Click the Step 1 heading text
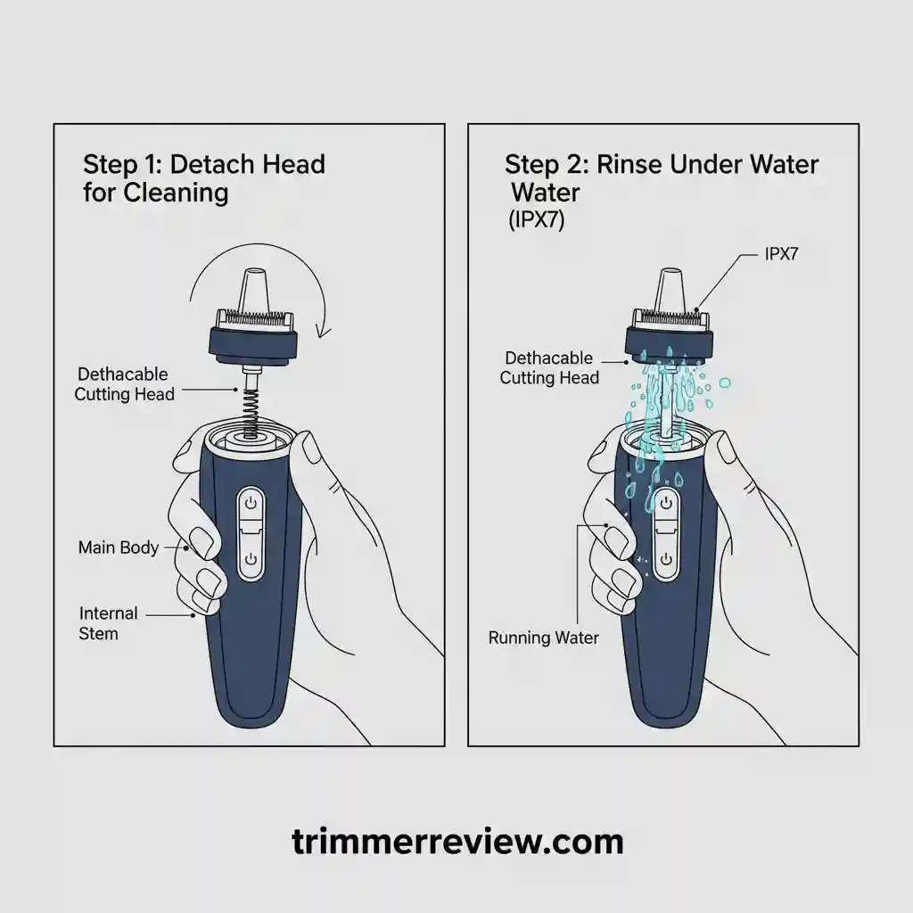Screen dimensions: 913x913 pyautogui.click(x=203, y=178)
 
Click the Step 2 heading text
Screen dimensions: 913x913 pyautogui.click(x=661, y=177)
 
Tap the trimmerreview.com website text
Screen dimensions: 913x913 pyautogui.click(x=456, y=841)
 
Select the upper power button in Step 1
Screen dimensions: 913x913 pyautogui.click(x=251, y=505)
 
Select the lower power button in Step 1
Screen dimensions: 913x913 pyautogui.click(x=251, y=559)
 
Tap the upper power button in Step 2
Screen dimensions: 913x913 pyautogui.click(x=665, y=505)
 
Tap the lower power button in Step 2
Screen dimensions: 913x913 pyautogui.click(x=665, y=559)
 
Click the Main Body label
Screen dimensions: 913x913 pyautogui.click(x=118, y=547)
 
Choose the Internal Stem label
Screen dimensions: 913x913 pyautogui.click(x=108, y=623)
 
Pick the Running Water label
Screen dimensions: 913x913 pyautogui.click(x=543, y=638)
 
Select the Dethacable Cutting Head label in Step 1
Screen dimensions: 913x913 pyautogui.click(x=126, y=384)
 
